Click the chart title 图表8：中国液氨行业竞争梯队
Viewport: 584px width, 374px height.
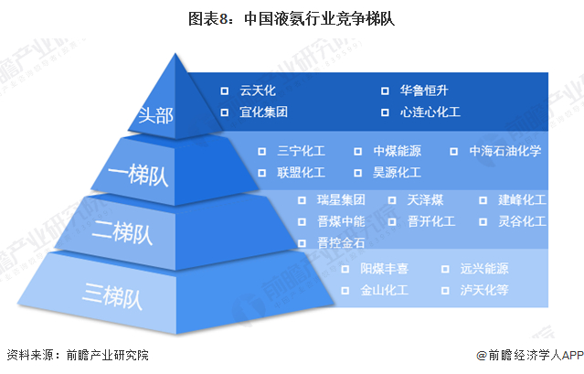(292, 18)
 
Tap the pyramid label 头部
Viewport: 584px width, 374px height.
(155, 115)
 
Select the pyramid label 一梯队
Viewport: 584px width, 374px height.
(138, 175)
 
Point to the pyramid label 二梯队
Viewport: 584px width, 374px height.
(122, 233)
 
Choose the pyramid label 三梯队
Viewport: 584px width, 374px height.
(112, 295)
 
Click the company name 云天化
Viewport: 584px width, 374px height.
(258, 91)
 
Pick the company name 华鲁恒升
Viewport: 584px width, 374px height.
(424, 91)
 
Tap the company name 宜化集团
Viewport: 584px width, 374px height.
(264, 112)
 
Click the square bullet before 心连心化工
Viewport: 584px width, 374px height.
(385, 112)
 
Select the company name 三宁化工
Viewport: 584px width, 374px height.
(301, 151)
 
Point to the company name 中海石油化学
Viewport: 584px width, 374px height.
(505, 151)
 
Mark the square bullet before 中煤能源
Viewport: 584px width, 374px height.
(357, 151)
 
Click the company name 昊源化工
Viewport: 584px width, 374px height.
(397, 173)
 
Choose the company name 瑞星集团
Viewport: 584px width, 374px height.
(341, 200)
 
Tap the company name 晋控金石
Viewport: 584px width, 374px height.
(341, 243)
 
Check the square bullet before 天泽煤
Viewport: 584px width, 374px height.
(392, 200)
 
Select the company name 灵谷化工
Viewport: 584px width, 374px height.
(522, 221)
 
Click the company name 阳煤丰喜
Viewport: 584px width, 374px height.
(385, 269)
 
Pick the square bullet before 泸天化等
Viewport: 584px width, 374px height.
(445, 291)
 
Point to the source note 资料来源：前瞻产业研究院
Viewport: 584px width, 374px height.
(78, 355)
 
